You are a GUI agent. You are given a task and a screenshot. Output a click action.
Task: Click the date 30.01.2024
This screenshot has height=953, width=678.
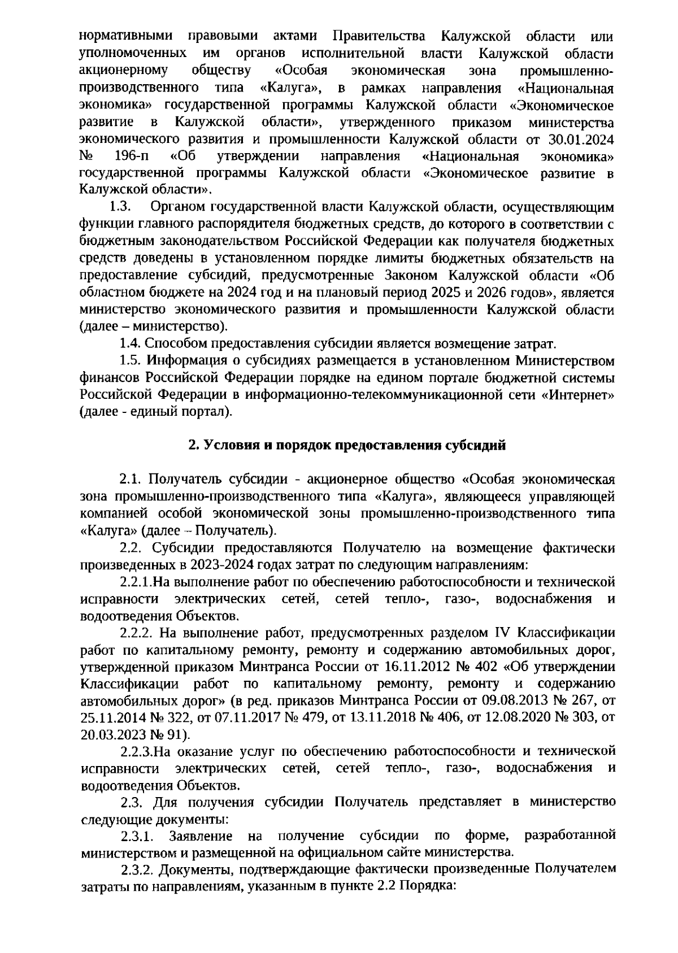tap(582, 140)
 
